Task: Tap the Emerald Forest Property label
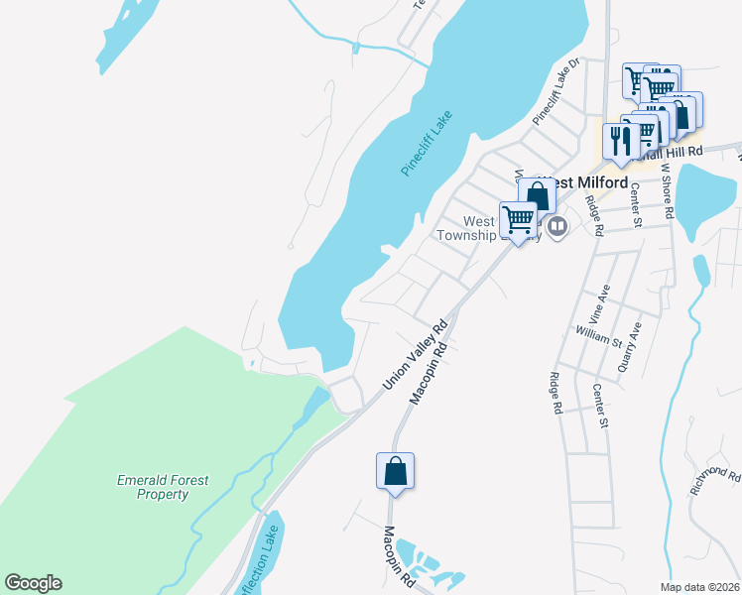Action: (x=162, y=487)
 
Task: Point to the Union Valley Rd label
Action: (x=416, y=354)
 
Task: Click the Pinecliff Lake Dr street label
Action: (x=555, y=91)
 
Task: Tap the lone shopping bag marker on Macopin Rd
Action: (x=395, y=472)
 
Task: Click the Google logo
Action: (x=33, y=583)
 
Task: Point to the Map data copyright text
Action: (x=699, y=587)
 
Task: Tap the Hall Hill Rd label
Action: (x=673, y=151)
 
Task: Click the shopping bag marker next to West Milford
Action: (x=537, y=196)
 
